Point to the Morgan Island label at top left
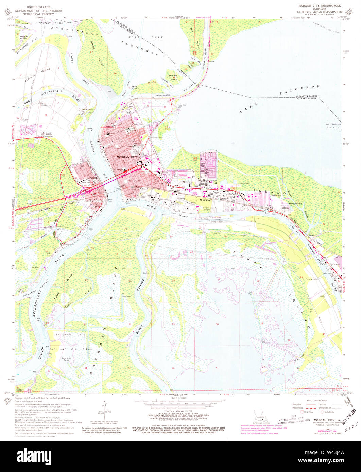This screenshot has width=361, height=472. [24, 37]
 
